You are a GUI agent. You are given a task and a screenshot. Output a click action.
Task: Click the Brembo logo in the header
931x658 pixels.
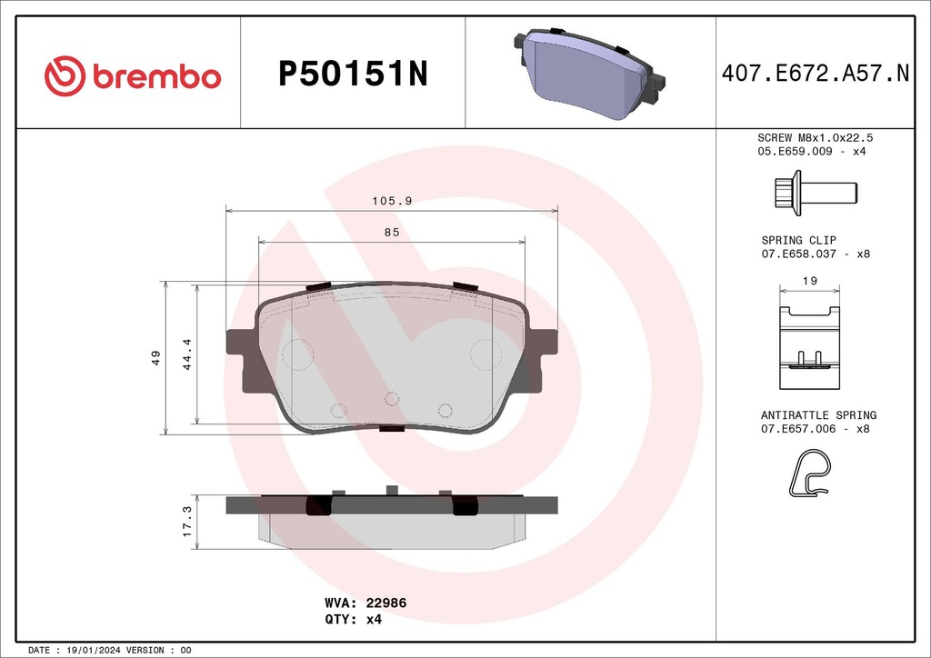pos(133,75)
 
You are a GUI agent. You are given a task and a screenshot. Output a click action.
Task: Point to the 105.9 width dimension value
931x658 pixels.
pos(392,201)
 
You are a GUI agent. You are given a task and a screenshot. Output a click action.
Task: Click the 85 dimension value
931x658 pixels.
pos(392,233)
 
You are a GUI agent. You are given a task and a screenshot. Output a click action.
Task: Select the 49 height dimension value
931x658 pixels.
pos(156,357)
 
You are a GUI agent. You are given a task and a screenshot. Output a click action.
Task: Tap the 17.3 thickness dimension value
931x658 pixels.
pos(187,523)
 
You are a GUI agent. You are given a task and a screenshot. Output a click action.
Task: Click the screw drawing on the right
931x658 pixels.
pos(813,193)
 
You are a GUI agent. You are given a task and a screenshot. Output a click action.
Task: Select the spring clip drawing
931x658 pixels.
pos(809,340)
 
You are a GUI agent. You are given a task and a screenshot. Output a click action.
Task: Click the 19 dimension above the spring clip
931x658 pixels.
pos(810,281)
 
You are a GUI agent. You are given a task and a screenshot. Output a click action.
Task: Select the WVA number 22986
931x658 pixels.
pos(385,602)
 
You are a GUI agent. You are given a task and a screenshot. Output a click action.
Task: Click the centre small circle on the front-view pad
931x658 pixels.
pos(392,398)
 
